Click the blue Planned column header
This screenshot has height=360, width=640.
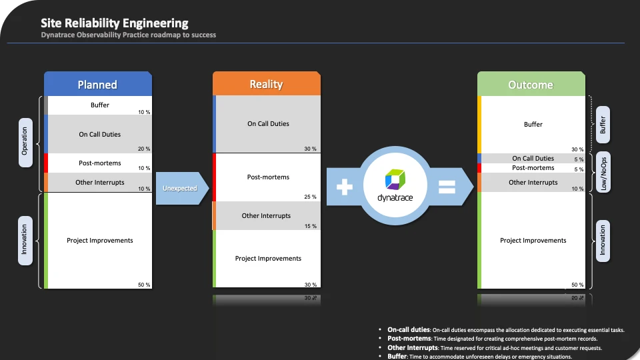pos(97,85)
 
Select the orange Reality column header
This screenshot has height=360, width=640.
pos(266,84)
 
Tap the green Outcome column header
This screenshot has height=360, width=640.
pos(531,85)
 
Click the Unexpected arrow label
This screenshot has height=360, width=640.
pos(180,189)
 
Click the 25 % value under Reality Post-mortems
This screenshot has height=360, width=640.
pos(309,197)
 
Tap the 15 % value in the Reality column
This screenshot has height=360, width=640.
pos(310,226)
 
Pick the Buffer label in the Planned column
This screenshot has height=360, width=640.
pos(100,105)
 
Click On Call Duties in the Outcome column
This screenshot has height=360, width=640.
pos(533,159)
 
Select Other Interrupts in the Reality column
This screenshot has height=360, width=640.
pos(266,216)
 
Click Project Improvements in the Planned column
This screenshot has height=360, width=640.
pos(100,241)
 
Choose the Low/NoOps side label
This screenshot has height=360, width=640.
pos(603,171)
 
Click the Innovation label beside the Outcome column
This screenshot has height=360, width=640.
pos(603,240)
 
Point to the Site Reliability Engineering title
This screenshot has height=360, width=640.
pos(115,24)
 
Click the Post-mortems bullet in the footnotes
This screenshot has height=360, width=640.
pos(409,339)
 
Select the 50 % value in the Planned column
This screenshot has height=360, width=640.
pos(144,285)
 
